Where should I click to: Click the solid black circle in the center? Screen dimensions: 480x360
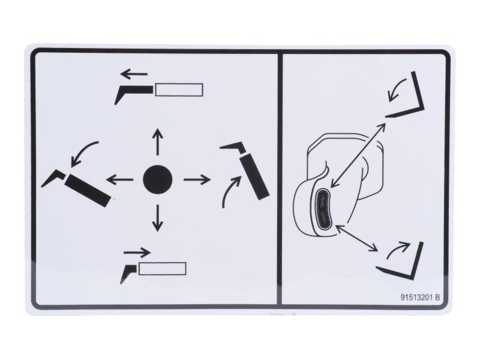(158, 179)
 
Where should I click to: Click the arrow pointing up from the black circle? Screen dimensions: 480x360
(158, 142)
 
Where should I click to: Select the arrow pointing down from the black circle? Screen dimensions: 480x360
(158, 218)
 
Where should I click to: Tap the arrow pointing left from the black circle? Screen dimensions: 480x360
(119, 179)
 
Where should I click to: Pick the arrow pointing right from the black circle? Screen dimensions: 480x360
(197, 179)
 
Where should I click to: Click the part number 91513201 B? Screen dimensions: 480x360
(420, 297)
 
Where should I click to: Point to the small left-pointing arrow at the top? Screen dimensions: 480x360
(134, 74)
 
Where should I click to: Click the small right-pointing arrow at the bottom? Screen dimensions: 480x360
(137, 253)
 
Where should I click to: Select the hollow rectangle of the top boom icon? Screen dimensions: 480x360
(179, 89)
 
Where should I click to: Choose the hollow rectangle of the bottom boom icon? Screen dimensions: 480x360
(162, 268)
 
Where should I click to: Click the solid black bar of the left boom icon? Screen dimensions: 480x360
(88, 190)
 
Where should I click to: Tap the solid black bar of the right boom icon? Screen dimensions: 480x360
(254, 177)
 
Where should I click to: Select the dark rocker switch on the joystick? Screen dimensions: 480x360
(323, 208)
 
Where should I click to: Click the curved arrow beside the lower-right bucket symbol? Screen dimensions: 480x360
(398, 248)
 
